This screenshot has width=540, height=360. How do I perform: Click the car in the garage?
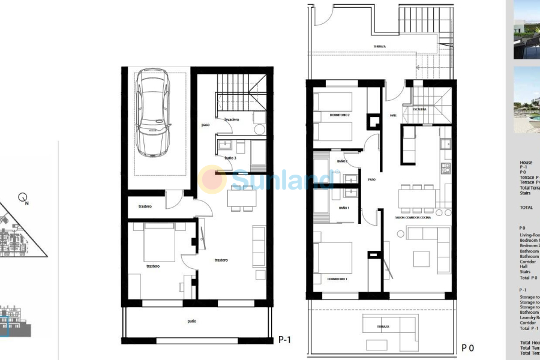click(x=153, y=113)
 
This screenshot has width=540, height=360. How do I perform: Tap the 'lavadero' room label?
click(x=232, y=119)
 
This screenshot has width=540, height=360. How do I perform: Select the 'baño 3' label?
click(x=230, y=158)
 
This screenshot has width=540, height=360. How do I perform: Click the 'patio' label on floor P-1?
click(x=191, y=322)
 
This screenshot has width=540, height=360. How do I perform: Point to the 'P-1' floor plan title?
click(x=284, y=340)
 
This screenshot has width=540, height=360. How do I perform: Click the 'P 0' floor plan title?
click(x=468, y=347)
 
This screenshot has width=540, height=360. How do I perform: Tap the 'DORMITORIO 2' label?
click(x=340, y=115)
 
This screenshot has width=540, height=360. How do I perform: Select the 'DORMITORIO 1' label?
click(x=338, y=280)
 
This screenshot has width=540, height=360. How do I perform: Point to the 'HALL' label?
click(x=394, y=115)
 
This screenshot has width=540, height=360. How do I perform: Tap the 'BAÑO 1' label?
click(x=344, y=208)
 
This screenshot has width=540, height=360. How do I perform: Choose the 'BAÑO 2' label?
click(x=343, y=161)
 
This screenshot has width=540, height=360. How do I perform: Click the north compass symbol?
click(x=23, y=197)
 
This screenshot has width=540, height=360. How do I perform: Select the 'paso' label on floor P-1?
click(x=206, y=125)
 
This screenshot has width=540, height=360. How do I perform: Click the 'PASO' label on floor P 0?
click(x=371, y=179)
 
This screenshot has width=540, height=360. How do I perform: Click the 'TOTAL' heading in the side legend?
click(x=526, y=207)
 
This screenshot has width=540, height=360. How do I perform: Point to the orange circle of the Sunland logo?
click(x=213, y=179)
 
